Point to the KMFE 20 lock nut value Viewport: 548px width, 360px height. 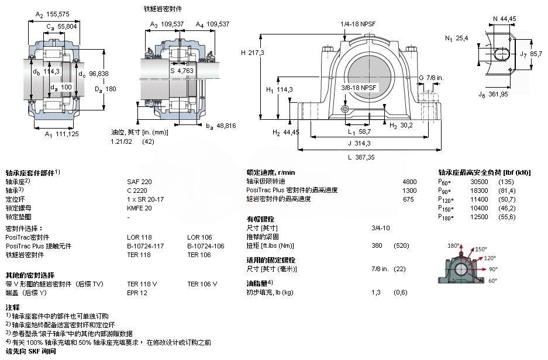139,207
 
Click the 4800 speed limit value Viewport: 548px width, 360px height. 409,182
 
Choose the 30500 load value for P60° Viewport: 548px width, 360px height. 479,182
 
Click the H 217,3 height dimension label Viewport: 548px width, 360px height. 253,53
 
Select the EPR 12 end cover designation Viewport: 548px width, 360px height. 138,292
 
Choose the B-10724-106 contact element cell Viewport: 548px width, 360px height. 205,246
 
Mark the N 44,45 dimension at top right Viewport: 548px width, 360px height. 504,19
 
